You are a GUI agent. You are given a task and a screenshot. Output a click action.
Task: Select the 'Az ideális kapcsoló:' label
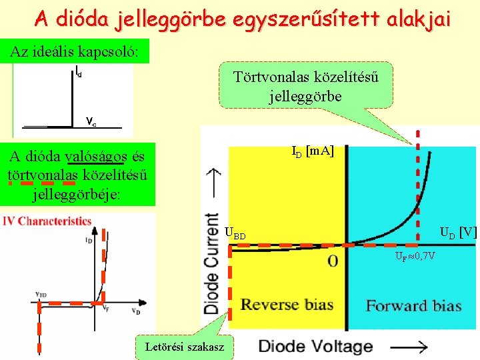75,52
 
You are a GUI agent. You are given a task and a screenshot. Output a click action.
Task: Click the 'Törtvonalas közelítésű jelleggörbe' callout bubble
306,86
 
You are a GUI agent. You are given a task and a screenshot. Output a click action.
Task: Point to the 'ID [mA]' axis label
313,152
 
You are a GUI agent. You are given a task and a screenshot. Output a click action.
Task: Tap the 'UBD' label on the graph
235,234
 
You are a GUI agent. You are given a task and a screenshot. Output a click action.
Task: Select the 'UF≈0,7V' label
415,257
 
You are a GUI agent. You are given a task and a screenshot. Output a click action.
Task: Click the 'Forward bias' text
413,306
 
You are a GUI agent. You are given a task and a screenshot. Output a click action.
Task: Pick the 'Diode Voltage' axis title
315,347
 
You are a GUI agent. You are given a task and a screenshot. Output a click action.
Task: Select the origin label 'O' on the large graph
333,262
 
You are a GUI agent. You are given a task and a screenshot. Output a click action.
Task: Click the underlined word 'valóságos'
97,157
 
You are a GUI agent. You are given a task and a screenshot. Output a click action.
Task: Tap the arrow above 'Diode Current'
213,179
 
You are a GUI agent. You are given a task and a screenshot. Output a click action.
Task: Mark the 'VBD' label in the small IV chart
41,294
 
